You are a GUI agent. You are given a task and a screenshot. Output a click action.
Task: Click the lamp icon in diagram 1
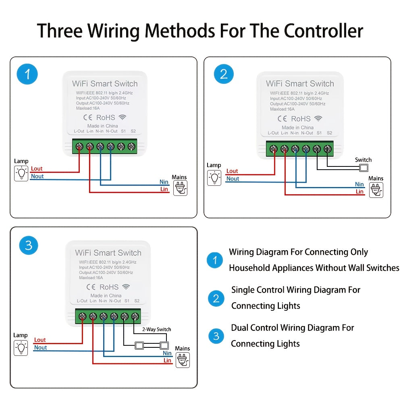tap(21, 173)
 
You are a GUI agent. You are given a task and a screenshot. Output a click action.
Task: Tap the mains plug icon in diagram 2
tap(376, 190)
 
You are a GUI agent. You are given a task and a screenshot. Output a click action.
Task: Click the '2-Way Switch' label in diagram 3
tap(157, 329)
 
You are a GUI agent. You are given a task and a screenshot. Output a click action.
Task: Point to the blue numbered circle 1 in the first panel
tap(27, 75)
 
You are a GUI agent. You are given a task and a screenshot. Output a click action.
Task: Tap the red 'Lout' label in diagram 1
tap(37, 168)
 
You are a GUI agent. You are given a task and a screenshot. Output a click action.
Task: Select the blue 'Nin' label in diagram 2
tap(359, 184)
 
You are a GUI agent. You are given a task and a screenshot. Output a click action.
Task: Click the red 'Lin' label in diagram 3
tap(167, 360)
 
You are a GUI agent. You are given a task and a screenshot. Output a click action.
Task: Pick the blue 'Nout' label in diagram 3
tap(40, 347)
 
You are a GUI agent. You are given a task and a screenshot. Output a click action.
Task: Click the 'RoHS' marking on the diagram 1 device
tap(105, 118)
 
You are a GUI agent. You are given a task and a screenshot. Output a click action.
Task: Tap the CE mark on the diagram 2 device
tap(282, 118)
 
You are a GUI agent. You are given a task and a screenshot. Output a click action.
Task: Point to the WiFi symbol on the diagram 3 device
tap(126, 287)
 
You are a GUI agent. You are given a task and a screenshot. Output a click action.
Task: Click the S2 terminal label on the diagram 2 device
tap(329, 133)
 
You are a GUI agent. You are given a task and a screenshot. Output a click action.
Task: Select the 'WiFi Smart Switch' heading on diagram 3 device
tap(108, 253)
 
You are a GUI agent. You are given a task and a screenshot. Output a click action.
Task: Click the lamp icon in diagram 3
tap(21, 347)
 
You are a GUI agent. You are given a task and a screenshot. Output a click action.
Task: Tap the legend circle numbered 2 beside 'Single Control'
tap(216, 298)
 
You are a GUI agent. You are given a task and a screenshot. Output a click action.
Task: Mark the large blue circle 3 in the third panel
tap(29, 245)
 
